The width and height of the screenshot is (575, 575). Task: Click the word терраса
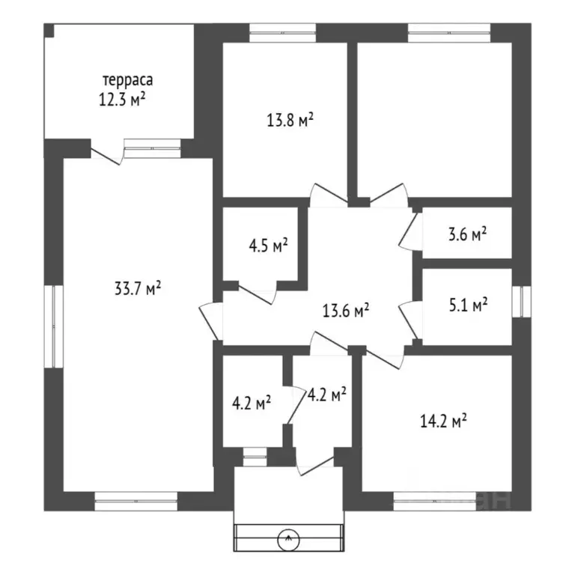[128, 80]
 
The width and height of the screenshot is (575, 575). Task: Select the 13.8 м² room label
[290, 120]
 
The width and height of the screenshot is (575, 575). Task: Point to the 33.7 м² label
[138, 288]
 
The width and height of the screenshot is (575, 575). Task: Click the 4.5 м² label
[268, 246]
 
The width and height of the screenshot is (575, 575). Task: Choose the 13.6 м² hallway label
[346, 311]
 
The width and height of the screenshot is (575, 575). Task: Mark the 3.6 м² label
[468, 234]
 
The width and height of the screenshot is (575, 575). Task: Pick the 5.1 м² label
[468, 305]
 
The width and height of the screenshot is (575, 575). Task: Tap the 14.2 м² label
[443, 421]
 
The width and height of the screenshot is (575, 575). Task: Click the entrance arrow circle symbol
[288, 539]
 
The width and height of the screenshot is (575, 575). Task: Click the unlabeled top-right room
[434, 120]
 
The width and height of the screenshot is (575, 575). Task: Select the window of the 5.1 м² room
[521, 302]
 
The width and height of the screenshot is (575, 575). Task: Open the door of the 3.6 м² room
[410, 231]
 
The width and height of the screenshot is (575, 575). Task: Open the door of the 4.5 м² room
[256, 294]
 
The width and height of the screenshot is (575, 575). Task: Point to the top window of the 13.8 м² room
[283, 33]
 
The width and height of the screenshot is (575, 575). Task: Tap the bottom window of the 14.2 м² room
[434, 501]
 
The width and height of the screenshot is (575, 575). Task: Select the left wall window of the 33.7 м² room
[54, 326]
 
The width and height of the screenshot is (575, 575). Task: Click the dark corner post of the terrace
[49, 31]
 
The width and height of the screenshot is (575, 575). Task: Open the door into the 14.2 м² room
[385, 359]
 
